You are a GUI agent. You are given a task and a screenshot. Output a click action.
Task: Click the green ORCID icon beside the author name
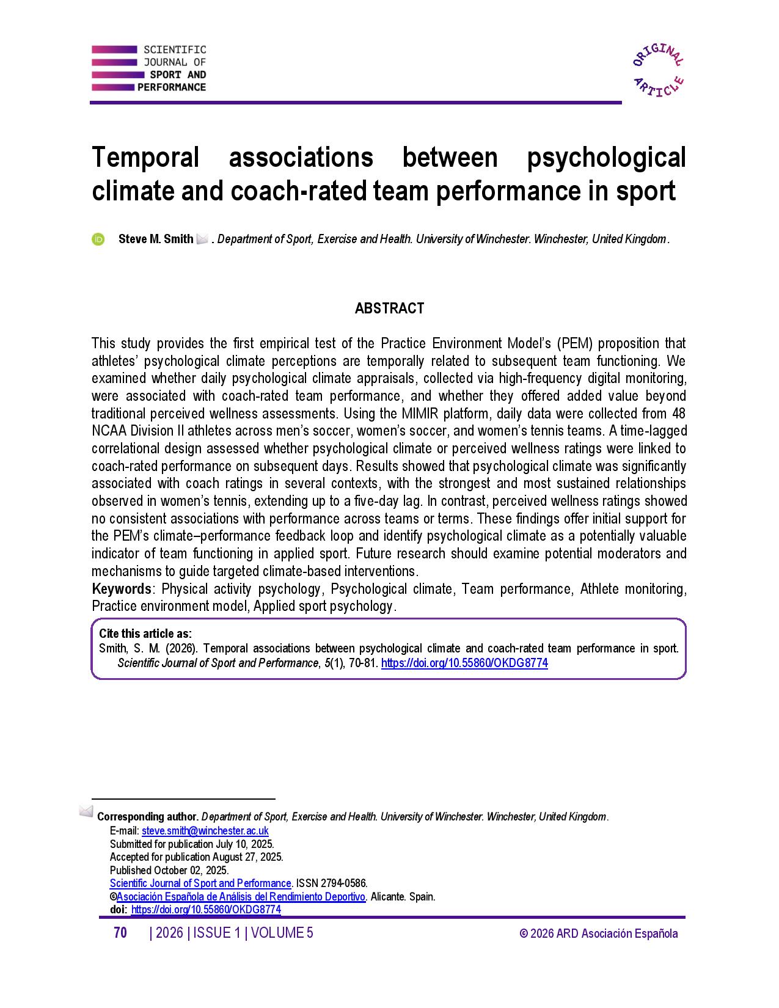click(98, 239)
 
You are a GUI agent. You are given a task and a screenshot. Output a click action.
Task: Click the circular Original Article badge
click(658, 70)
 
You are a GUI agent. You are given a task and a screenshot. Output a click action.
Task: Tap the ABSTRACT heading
click(389, 309)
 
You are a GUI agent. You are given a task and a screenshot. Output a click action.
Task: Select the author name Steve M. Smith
click(156, 239)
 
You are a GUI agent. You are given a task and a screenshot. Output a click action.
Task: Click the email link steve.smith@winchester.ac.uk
click(205, 831)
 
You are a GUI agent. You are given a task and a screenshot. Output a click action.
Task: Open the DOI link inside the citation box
click(464, 663)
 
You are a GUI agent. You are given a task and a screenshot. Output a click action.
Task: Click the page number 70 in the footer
click(120, 933)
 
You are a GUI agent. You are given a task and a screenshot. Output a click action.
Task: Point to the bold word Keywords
click(122, 589)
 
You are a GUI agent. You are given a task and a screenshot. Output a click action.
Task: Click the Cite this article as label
click(145, 634)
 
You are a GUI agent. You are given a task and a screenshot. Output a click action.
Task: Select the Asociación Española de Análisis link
click(241, 897)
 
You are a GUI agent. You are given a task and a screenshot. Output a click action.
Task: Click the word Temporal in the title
click(145, 158)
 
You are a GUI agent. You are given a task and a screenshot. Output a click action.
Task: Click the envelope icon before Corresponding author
click(86, 812)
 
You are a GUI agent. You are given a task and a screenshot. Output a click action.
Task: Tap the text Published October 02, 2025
click(169, 871)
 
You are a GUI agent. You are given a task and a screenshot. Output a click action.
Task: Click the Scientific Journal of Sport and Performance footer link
click(200, 883)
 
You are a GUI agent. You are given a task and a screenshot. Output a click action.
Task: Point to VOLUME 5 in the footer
click(282, 933)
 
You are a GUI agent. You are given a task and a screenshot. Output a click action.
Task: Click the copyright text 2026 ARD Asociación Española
click(599, 933)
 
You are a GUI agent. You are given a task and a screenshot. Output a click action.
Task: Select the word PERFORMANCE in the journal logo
click(172, 87)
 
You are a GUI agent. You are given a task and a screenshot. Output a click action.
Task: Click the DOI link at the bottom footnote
click(206, 910)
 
